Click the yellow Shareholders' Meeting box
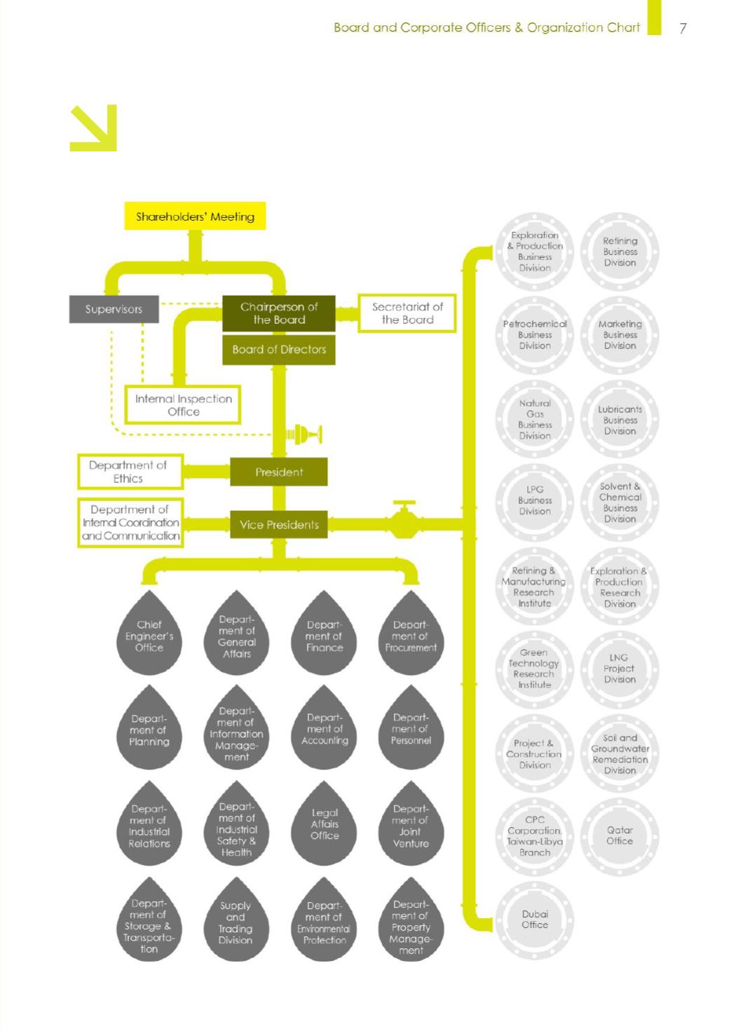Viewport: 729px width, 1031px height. click(195, 216)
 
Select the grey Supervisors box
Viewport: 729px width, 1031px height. click(114, 309)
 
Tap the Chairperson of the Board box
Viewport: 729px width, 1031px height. click(278, 313)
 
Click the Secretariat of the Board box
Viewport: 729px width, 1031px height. click(407, 313)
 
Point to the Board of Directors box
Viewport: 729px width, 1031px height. click(278, 350)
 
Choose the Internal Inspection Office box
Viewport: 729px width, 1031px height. click(183, 404)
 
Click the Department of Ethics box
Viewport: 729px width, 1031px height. click(130, 472)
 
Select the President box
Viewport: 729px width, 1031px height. click(279, 472)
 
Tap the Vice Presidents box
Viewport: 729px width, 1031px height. click(279, 524)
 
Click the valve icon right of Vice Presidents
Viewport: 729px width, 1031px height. click(404, 520)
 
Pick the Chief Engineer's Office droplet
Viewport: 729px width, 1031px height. click(149, 633)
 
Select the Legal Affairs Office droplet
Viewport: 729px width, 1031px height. click(324, 824)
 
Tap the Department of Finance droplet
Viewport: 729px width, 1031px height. click(324, 633)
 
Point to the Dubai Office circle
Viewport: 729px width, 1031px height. click(534, 920)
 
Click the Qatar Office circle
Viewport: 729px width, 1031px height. click(620, 836)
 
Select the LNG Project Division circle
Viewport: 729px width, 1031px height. click(620, 669)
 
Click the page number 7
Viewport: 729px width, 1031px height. click(683, 28)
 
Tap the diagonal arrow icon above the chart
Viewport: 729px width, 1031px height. click(93, 128)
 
